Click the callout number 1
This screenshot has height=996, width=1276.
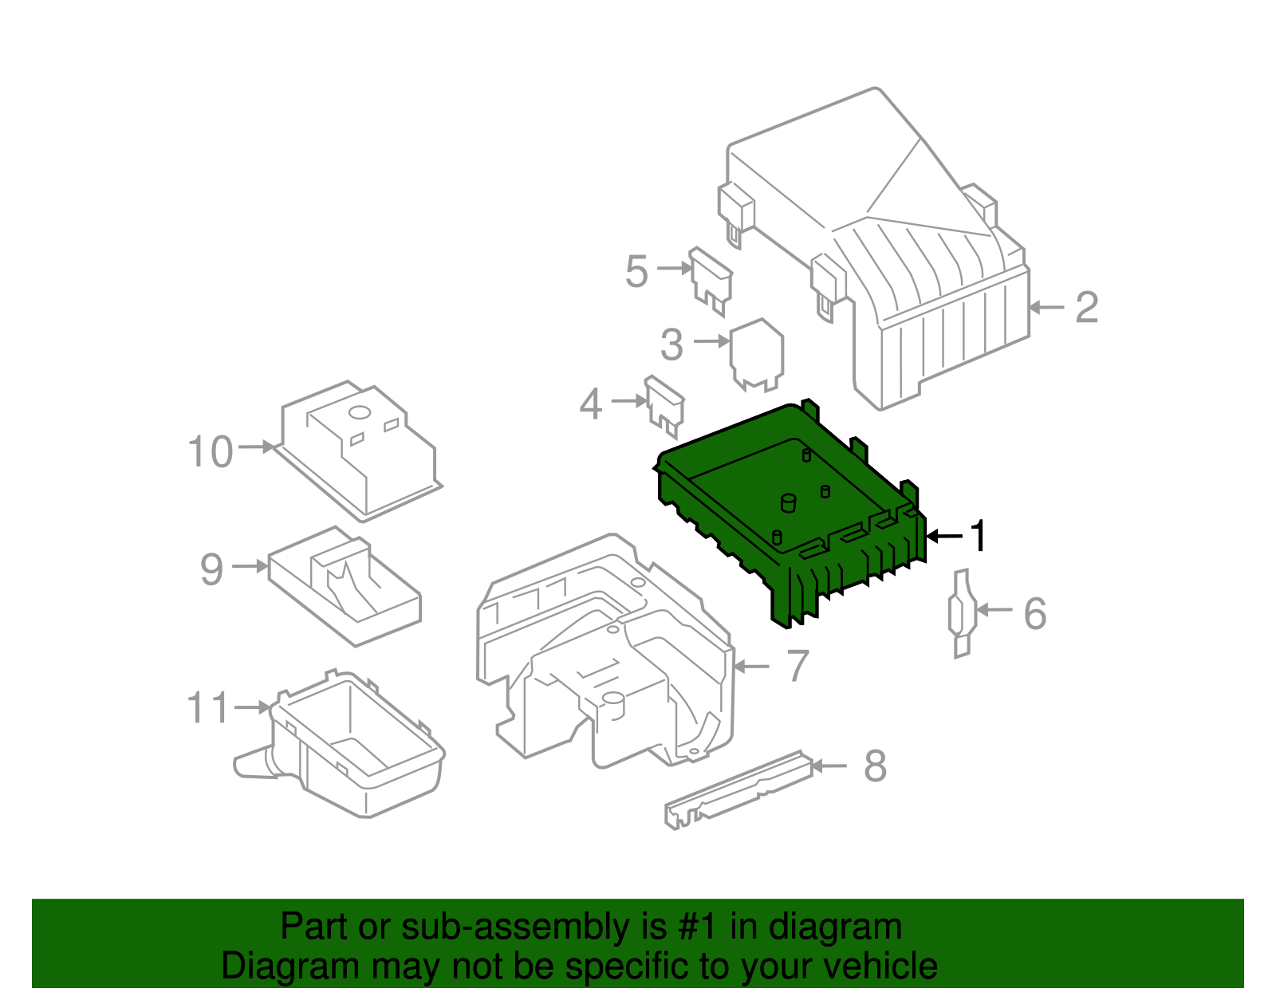click(x=978, y=535)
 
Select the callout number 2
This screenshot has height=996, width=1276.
click(x=1086, y=308)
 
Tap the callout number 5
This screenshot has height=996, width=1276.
click(x=636, y=271)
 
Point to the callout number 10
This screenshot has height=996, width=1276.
click(x=210, y=451)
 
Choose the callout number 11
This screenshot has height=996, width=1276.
click(x=207, y=707)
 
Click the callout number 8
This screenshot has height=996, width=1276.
click(x=875, y=766)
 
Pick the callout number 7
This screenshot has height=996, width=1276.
click(x=797, y=666)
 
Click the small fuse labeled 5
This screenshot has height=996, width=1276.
click(x=711, y=281)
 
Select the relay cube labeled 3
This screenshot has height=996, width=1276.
click(x=756, y=355)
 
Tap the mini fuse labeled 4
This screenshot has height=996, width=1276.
click(x=665, y=406)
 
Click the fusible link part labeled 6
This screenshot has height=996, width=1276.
click(x=962, y=613)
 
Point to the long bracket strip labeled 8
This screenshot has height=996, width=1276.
click(x=738, y=790)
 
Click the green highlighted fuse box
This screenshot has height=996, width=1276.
click(x=790, y=514)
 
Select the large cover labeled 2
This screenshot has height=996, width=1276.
click(x=874, y=246)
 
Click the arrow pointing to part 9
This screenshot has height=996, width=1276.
click(x=250, y=566)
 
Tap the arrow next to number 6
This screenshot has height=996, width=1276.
click(x=994, y=610)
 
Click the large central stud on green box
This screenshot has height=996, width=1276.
click(x=788, y=503)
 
